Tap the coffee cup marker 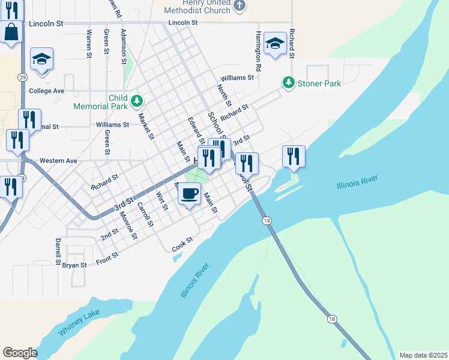pos(189,194)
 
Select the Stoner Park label pos(319,83)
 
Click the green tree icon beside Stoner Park pos(289,82)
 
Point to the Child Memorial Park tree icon pos(136,100)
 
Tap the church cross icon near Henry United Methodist pos(240,7)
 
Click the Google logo pos(20,353)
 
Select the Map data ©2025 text pos(423,355)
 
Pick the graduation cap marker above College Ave pos(42,59)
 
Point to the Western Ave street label pos(58,161)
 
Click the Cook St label pos(182,242)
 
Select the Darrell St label pos(58,251)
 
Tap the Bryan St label pos(74,265)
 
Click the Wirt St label pos(161,200)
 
